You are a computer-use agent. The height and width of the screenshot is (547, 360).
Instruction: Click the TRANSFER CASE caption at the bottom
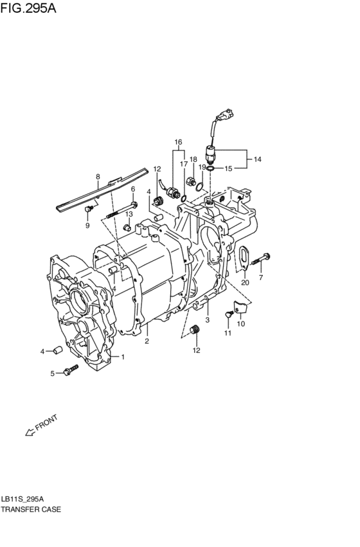[31, 509]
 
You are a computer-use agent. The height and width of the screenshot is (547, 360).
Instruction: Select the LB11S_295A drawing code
[23, 498]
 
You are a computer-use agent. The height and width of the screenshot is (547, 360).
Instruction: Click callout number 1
[123, 357]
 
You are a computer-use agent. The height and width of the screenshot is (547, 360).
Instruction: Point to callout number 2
[147, 341]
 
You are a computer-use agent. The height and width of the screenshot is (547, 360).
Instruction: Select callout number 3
[207, 319]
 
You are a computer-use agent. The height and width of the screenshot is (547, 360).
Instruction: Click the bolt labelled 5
[70, 371]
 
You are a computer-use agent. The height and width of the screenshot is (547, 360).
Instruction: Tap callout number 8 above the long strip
[98, 176]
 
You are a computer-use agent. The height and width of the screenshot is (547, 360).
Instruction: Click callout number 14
[258, 158]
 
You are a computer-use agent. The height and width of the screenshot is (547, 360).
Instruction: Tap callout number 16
[178, 142]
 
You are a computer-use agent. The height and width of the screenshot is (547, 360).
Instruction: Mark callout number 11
[228, 333]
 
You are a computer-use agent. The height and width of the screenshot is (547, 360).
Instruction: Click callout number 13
[129, 214]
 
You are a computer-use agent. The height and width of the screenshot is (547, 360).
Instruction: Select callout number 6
[133, 189]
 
